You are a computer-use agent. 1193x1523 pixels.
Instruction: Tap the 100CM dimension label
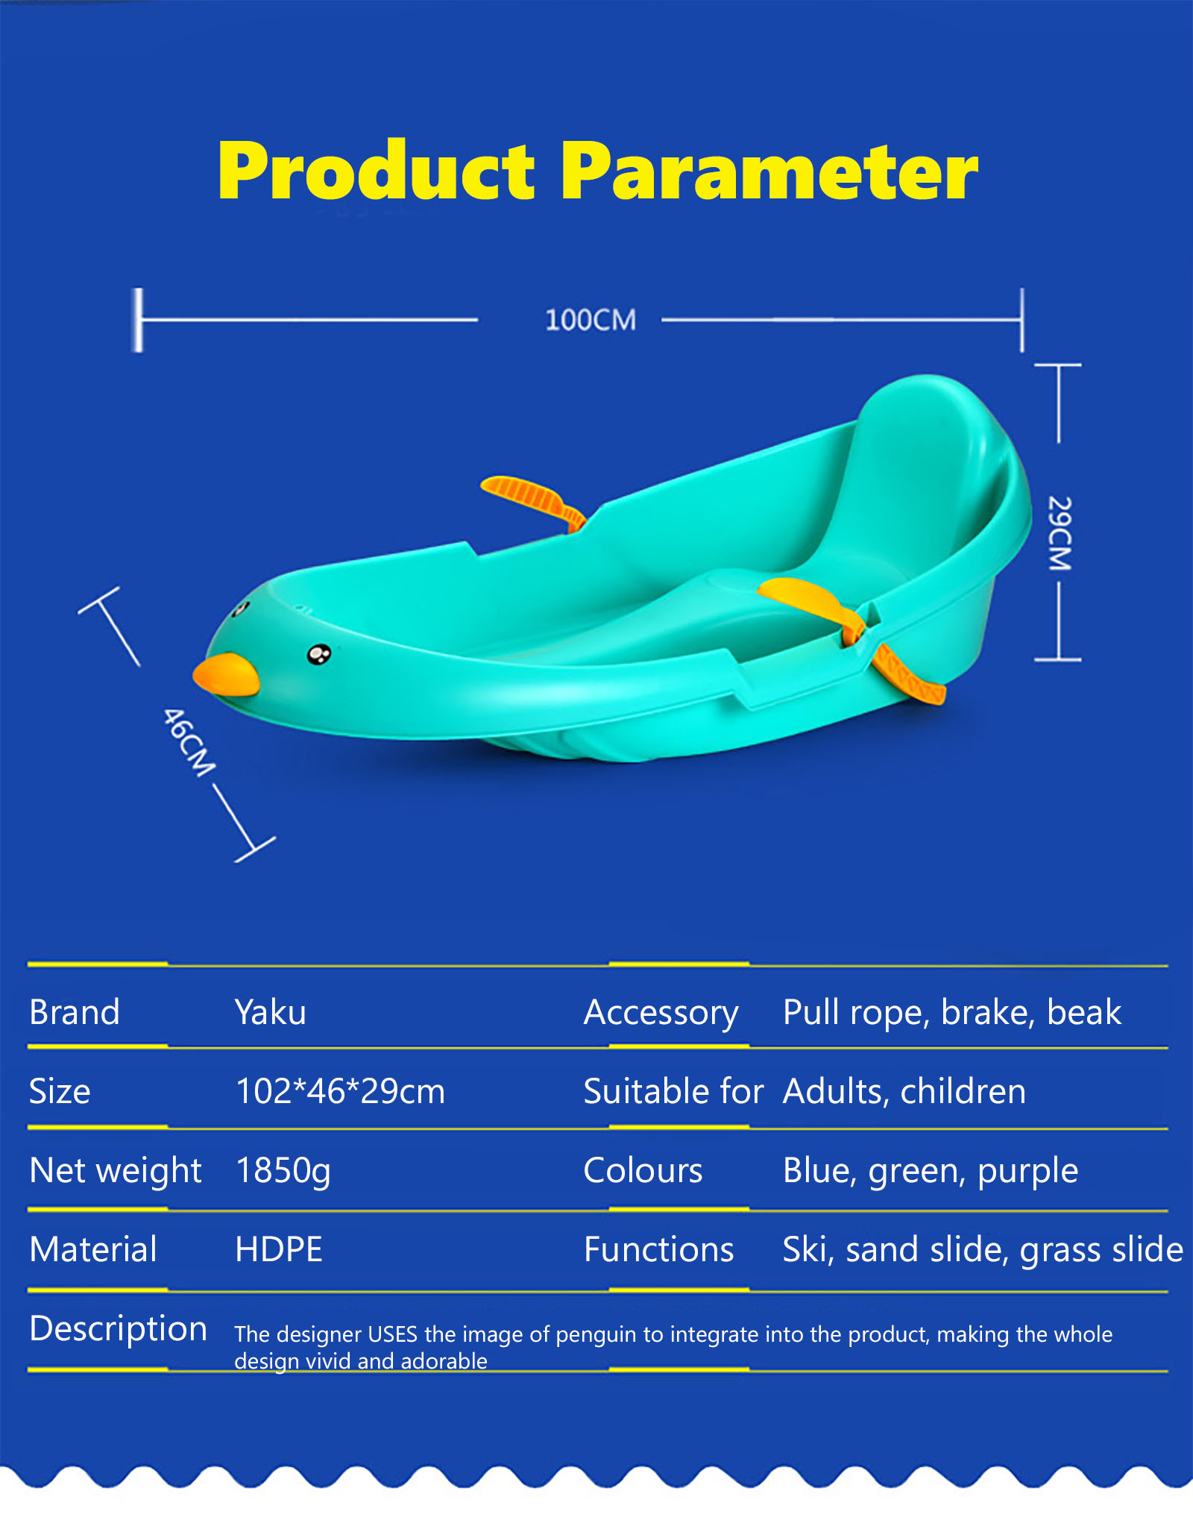point(591,320)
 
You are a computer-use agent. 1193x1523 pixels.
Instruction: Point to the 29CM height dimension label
point(1060,533)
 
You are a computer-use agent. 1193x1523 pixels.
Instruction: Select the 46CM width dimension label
point(189,742)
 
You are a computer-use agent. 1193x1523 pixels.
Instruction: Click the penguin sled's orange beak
point(226,675)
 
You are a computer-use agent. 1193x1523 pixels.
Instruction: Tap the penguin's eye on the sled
point(319,654)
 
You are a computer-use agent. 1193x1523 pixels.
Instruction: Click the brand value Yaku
point(271,1013)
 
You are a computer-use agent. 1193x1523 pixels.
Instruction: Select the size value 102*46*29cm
point(340,1091)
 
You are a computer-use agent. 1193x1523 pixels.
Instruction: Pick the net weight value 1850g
point(283,1171)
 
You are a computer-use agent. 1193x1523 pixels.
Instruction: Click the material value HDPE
point(279,1249)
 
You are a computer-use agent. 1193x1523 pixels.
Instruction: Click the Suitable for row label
point(673,1091)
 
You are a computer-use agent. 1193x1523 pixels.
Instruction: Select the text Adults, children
point(904,1092)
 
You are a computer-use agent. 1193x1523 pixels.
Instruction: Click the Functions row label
point(659,1249)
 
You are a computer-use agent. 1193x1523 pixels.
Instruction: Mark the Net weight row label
point(116,1171)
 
